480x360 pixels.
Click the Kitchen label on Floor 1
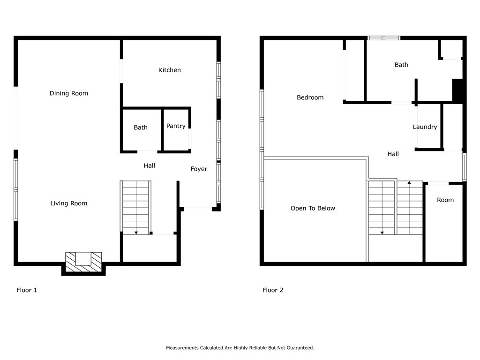[x=169, y=70]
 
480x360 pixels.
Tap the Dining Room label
[x=68, y=93]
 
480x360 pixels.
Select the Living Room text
[x=68, y=203]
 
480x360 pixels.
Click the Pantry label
[x=176, y=126]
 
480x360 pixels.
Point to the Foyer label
[x=199, y=169]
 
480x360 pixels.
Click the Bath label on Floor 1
[x=141, y=127]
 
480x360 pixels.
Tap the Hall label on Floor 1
[x=150, y=165]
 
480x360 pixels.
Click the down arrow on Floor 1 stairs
[x=136, y=233]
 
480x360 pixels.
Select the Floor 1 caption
[x=27, y=290]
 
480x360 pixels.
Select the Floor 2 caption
[x=273, y=290]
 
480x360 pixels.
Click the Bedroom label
[x=310, y=97]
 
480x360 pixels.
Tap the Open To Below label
[x=313, y=208]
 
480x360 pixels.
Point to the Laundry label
[x=425, y=127]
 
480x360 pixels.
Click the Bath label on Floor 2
[x=401, y=65]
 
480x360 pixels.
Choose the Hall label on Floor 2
[x=393, y=154]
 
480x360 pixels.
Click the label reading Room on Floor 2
[x=445, y=200]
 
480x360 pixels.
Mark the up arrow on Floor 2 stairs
[x=409, y=183]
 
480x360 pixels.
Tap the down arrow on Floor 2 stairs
[x=382, y=233]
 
